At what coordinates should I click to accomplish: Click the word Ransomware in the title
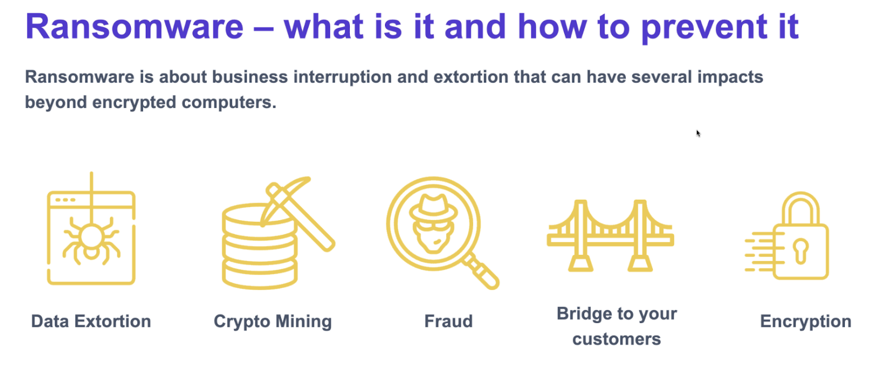point(134,27)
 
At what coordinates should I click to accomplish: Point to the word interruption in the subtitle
point(342,77)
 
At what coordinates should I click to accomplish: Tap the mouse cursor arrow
point(698,133)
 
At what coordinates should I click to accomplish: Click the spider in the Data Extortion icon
point(91,240)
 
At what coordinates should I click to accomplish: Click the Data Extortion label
point(91,321)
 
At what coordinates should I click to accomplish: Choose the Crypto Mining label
point(273,321)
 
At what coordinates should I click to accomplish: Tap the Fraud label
point(448,321)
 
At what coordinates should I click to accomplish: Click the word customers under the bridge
point(617,339)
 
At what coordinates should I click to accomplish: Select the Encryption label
point(805,321)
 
